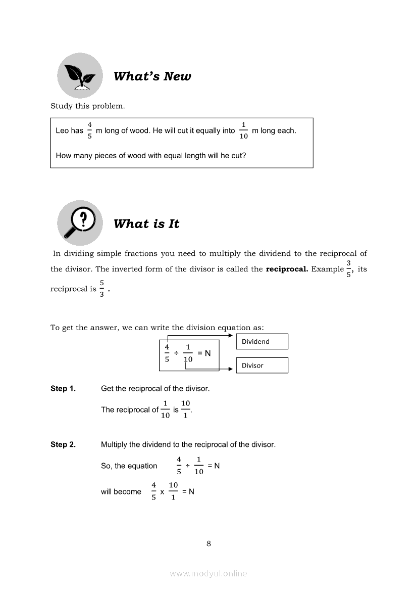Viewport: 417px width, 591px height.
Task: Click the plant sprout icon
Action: pyautogui.click(x=80, y=75)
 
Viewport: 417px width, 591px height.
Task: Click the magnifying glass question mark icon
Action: pyautogui.click(x=80, y=223)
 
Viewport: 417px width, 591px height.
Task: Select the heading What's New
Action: pyautogui.click(x=152, y=76)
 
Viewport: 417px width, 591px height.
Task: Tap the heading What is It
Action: pyautogui.click(x=146, y=224)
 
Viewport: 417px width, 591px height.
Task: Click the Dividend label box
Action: pyautogui.click(x=262, y=342)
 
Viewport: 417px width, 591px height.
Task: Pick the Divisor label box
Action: pyautogui.click(x=262, y=366)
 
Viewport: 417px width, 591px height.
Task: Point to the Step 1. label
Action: pyautogui.click(x=63, y=389)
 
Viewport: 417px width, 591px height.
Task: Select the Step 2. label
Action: pyautogui.click(x=63, y=445)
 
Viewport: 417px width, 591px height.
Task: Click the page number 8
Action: pyautogui.click(x=209, y=544)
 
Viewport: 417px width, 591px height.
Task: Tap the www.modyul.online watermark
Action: pyautogui.click(x=209, y=574)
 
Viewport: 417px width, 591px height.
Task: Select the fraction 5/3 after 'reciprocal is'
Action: pyautogui.click(x=101, y=289)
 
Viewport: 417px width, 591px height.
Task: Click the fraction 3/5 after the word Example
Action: pyautogui.click(x=348, y=269)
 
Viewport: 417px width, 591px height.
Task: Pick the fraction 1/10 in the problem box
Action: pyautogui.click(x=243, y=130)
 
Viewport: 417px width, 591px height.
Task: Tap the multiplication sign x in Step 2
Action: pyautogui.click(x=162, y=491)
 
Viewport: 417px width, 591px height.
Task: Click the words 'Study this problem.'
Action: pyautogui.click(x=87, y=106)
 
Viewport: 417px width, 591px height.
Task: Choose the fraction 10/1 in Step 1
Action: pyautogui.click(x=185, y=410)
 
